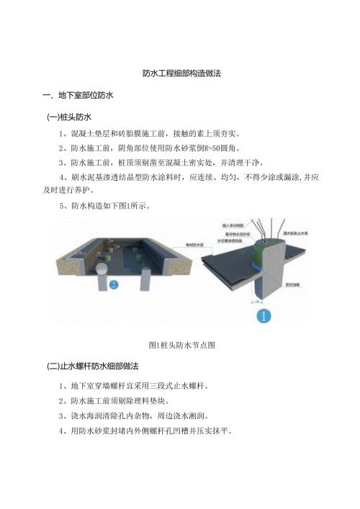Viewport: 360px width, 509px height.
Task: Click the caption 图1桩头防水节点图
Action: click(179, 345)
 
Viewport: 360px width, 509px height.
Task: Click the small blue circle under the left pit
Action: click(112, 284)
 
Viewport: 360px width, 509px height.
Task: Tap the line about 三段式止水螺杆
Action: click(143, 385)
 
